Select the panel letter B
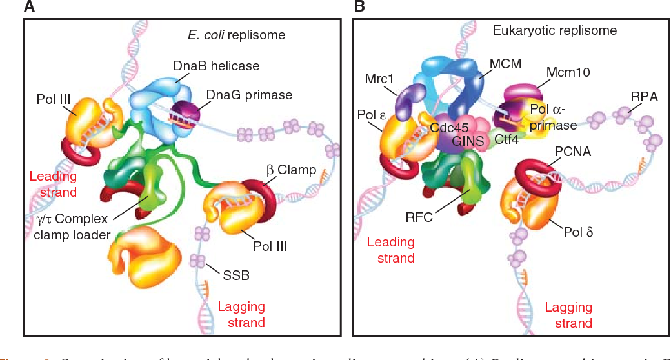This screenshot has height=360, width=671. [359, 7]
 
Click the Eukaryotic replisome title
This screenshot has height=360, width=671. [554, 30]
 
